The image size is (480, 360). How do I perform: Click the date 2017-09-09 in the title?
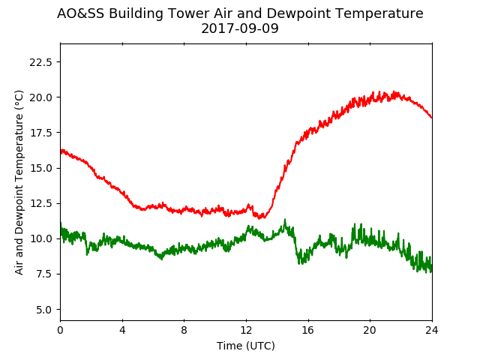click(240, 28)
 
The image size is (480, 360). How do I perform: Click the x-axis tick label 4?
click(122, 330)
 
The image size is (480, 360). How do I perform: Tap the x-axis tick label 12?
click(246, 330)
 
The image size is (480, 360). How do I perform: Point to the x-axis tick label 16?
click(308, 330)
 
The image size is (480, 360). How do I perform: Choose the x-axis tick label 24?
click(432, 330)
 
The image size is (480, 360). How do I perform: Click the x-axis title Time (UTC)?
click(246, 346)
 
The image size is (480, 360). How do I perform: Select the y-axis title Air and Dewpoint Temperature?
click(19, 183)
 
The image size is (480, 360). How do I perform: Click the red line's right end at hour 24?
click(432, 118)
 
